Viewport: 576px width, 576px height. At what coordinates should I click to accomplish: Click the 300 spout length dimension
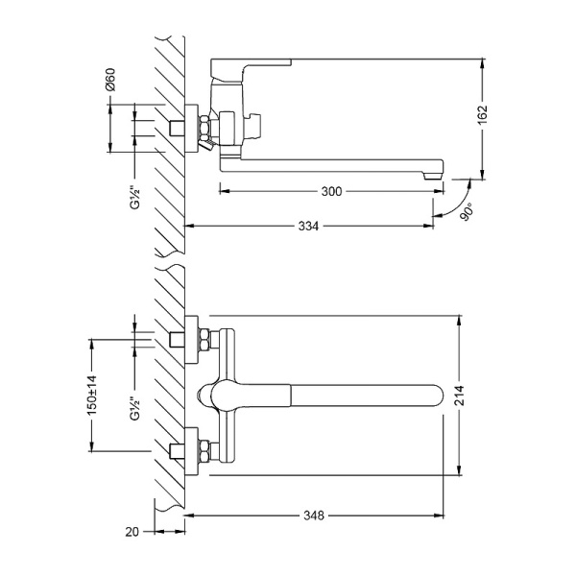tap(331, 191)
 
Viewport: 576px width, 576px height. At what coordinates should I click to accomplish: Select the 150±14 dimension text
tap(91, 393)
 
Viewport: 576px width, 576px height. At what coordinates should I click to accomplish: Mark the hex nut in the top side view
tap(204, 128)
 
